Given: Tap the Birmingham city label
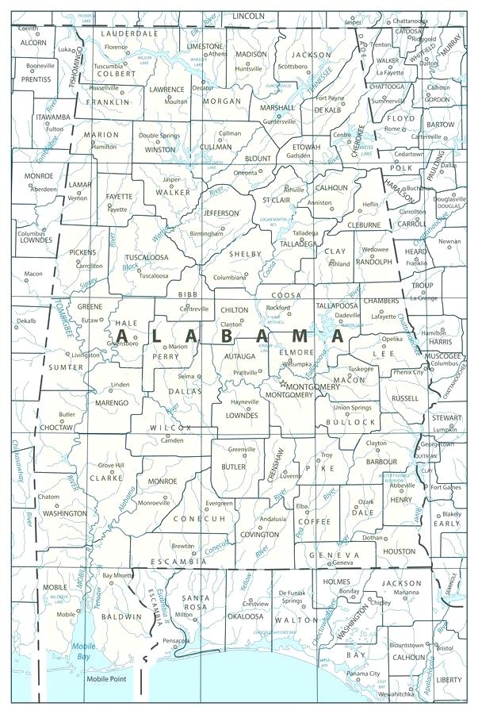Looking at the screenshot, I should pyautogui.click(x=207, y=234).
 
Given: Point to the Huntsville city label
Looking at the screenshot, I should pyautogui.click(x=249, y=69).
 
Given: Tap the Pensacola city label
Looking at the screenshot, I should pyautogui.click(x=175, y=640).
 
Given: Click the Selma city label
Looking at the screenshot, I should pyautogui.click(x=186, y=376).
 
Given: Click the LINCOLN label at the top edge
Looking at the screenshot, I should pyautogui.click(x=248, y=15).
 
